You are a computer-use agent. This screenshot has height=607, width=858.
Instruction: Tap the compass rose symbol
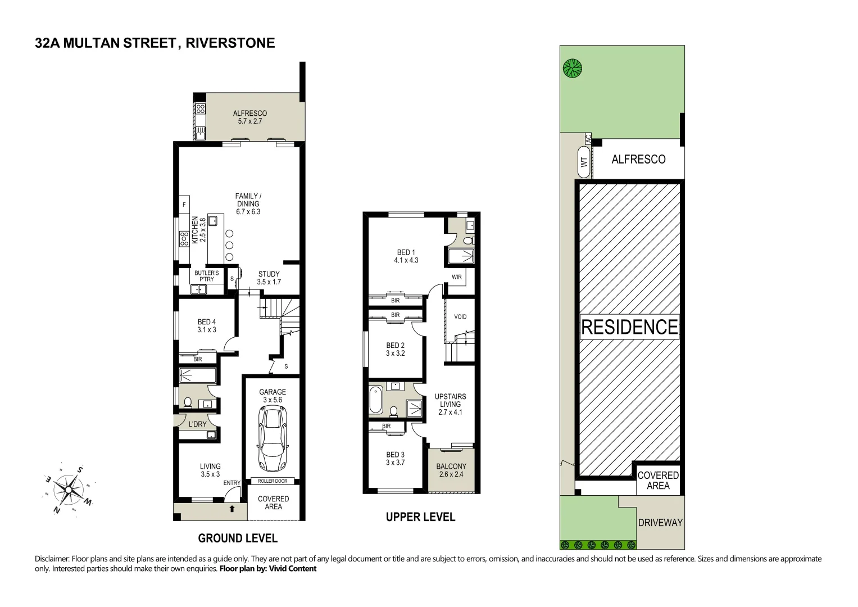(68, 490)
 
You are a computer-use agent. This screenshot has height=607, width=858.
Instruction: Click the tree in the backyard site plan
(573, 69)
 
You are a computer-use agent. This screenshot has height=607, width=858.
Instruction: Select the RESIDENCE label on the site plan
(629, 327)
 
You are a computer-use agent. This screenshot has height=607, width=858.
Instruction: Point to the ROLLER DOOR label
(273, 481)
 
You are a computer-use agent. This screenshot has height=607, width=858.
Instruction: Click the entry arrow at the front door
(232, 509)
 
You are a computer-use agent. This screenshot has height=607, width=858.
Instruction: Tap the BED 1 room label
(406, 256)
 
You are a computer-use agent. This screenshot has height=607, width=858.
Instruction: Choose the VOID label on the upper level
(460, 316)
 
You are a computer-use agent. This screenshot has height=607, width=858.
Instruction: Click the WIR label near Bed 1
(457, 277)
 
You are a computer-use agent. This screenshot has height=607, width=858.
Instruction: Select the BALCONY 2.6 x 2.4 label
(451, 470)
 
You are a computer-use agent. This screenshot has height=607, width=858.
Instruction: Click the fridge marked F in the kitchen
(184, 205)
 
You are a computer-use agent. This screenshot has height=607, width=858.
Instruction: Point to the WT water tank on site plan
(584, 162)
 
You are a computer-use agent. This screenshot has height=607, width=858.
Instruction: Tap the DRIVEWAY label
(660, 523)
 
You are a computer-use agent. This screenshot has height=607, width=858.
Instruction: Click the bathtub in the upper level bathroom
(376, 400)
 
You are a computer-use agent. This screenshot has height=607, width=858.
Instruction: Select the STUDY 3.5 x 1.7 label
(269, 278)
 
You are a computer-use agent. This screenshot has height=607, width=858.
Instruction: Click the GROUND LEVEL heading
(238, 538)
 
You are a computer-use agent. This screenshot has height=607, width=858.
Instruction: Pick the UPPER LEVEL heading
(420, 517)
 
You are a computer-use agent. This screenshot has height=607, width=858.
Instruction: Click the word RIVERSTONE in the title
(230, 43)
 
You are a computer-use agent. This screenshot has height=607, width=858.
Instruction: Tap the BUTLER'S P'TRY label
(207, 276)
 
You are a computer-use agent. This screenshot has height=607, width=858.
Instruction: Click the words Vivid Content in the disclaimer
(292, 569)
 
